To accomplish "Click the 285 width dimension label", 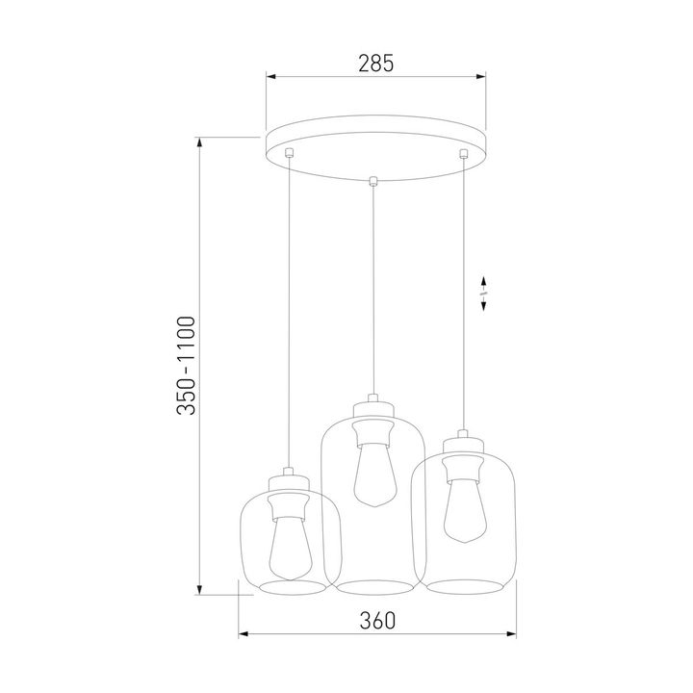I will pyautogui.click(x=376, y=64).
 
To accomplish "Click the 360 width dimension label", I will pyautogui.click(x=376, y=621).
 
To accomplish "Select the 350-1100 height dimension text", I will pyautogui.click(x=187, y=365).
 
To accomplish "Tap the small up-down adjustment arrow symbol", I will pyautogui.click(x=484, y=293).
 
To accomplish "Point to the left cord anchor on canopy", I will pyautogui.click(x=289, y=152).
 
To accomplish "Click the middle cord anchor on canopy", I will pyautogui.click(x=372, y=179).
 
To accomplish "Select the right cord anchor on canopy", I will pyautogui.click(x=463, y=152).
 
